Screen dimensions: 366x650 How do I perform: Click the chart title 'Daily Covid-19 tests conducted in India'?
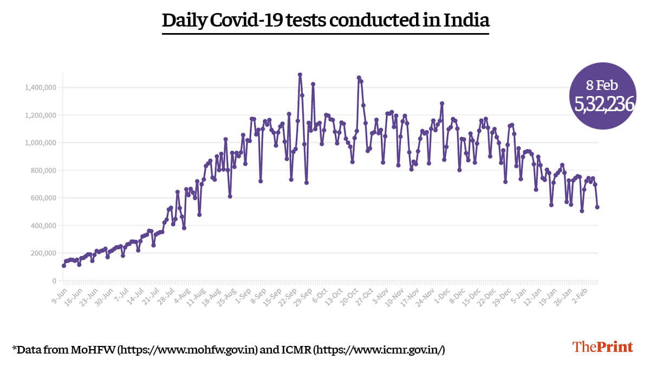[326, 21]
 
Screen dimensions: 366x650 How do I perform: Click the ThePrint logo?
[602, 347]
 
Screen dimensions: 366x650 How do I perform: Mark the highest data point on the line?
[300, 75]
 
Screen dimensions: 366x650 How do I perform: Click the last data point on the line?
[597, 207]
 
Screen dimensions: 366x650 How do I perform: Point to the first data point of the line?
[64, 266]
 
